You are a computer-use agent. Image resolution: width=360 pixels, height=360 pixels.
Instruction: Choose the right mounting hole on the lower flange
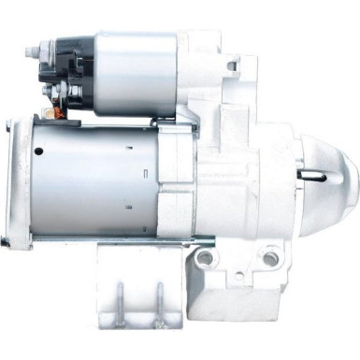pyautogui.click(x=271, y=254)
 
